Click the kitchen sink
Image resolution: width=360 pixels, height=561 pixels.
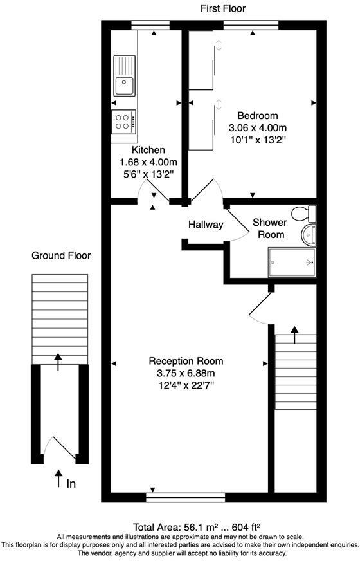pos(125,75)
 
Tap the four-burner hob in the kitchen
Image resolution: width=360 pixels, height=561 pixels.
pos(123,122)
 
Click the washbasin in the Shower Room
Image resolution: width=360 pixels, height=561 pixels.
pos(309,235)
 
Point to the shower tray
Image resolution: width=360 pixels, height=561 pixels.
pos(292,262)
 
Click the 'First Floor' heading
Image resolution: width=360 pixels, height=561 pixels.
pos(223,8)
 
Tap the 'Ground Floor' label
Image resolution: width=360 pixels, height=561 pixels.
pos(61,255)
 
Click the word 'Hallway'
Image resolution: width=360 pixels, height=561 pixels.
pos(206,225)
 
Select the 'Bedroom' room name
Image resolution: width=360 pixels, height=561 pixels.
pos(258,116)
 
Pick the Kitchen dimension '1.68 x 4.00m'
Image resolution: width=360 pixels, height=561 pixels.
pos(148,162)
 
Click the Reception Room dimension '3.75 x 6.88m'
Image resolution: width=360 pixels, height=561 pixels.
pos(186,374)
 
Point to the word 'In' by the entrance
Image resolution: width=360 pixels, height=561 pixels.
pos(71,484)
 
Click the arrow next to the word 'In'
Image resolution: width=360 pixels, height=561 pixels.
pos(58,479)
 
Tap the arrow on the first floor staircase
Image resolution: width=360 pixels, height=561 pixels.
pos(295,335)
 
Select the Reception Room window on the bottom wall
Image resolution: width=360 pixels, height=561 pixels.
pos(186,498)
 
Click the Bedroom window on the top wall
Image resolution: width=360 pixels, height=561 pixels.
pos(251,25)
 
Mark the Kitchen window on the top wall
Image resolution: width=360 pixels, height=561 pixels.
pos(150,25)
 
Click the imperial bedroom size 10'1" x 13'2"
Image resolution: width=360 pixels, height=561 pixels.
pos(258,140)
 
